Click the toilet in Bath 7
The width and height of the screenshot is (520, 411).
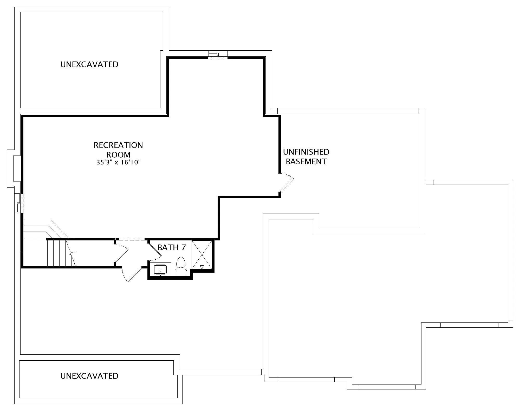click(x=181, y=266)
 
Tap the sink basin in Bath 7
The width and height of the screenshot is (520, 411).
click(x=160, y=270)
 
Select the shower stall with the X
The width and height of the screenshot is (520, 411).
click(x=202, y=255)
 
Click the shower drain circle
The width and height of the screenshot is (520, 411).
click(x=202, y=255)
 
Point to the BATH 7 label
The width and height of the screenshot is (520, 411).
click(x=172, y=247)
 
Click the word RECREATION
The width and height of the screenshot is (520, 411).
click(x=118, y=145)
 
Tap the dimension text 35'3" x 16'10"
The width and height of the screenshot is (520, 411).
click(x=119, y=163)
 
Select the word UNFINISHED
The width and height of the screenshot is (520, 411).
click(x=306, y=152)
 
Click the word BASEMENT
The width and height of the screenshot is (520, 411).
click(x=306, y=161)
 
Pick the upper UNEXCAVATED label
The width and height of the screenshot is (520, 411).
click(x=89, y=64)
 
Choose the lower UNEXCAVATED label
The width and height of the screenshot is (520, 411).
click(x=89, y=376)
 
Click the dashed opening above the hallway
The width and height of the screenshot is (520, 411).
click(x=130, y=239)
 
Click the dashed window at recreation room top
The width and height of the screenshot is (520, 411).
click(x=218, y=58)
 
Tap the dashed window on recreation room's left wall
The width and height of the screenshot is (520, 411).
click(x=22, y=203)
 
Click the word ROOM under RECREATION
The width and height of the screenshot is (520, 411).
click(x=118, y=155)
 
